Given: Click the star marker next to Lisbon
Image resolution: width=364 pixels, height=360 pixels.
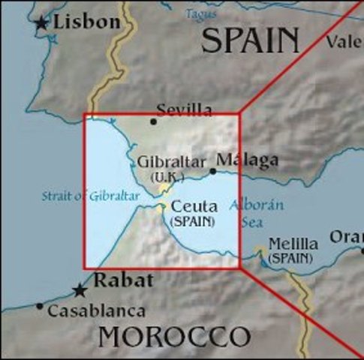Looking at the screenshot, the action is coord(41,25).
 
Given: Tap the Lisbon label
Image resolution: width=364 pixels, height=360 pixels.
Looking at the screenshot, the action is coord(86,22).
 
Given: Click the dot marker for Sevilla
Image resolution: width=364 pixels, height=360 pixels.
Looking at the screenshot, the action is coord(154,121).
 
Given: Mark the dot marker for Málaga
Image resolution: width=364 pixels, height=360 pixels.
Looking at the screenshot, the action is coord(213,172).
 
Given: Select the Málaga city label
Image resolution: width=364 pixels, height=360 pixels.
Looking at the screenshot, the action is coord(247,160).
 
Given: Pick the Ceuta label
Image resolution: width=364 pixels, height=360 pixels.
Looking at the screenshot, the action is coord(194,206).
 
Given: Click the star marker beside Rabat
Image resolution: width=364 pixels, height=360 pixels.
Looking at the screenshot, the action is coord(80,290).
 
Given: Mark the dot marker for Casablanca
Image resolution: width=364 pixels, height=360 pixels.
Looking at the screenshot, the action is coord(39,307).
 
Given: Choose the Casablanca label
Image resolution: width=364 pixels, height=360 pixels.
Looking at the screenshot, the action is coord(95,310).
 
